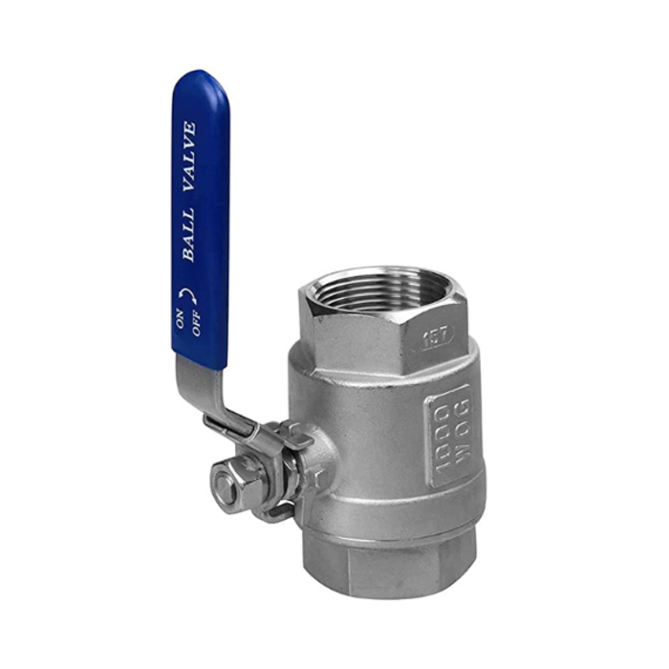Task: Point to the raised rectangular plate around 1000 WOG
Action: click(x=449, y=435)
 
